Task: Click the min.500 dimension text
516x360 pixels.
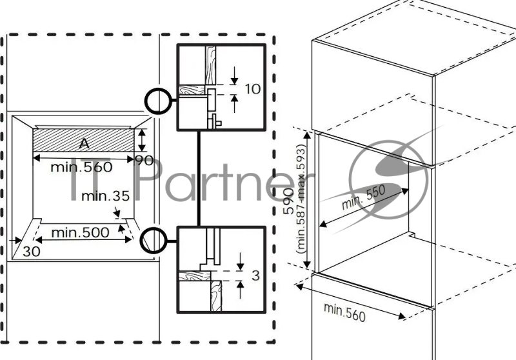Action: tap(80, 232)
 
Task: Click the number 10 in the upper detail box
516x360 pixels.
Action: tap(253, 89)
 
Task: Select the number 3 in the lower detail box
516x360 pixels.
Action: tap(255, 276)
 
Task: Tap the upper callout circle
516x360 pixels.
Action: tap(157, 101)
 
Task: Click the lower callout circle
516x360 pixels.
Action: tap(155, 239)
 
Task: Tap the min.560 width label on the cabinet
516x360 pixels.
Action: tap(344, 312)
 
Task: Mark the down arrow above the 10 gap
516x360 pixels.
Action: tap(233, 75)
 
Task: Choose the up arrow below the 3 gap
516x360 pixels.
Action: tap(241, 290)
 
